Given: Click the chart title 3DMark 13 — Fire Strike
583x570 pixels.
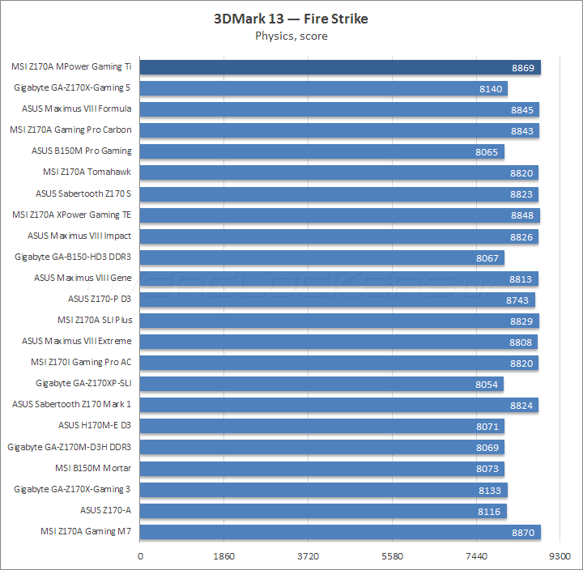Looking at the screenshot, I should pos(291,19).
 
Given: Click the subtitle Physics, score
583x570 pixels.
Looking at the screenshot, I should pos(291,36).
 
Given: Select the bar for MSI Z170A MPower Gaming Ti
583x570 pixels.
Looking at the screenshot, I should pos(340,67).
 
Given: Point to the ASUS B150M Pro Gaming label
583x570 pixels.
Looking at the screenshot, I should pos(81,151).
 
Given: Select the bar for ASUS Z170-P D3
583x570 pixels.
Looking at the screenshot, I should pos(338,300).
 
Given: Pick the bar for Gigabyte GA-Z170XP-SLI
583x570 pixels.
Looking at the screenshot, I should pos(322,384).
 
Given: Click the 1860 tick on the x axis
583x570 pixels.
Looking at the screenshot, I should pos(224,556).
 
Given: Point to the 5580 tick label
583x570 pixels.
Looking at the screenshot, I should pos(392,556).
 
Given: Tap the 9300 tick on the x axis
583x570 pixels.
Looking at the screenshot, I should pos(559,556).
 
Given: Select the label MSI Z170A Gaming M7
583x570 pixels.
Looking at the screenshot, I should pos(85,531).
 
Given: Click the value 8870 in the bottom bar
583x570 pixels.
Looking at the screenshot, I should pos(523,532).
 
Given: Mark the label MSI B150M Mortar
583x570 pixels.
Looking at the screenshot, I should pos(92,468).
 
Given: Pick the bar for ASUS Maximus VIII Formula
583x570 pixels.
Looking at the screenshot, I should pos(339,109).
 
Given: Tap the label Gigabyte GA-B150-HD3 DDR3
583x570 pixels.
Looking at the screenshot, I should pos(73,257).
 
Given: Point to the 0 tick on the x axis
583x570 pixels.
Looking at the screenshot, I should pos(141,556).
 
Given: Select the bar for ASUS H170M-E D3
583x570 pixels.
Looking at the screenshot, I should pos(322,426).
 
